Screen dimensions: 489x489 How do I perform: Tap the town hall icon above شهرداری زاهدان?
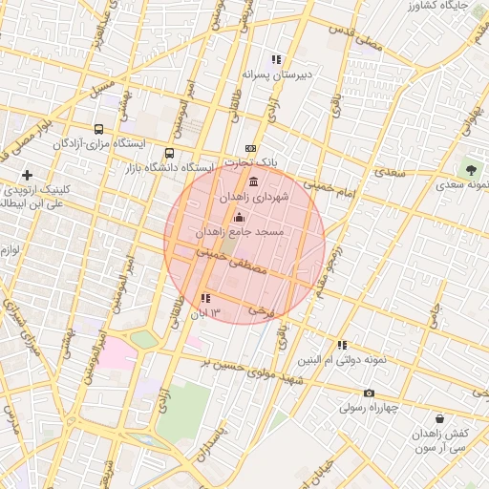[x=252, y=181]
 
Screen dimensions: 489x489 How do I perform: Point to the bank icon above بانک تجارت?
[x=250, y=148]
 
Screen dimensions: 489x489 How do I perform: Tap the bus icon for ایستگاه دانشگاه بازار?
[x=170, y=153]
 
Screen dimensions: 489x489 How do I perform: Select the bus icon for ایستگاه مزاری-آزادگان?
[x=98, y=129]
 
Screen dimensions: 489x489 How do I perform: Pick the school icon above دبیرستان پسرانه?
[x=277, y=59]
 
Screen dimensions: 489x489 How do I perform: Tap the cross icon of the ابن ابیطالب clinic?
[x=27, y=175]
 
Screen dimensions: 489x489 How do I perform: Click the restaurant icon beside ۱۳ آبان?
[x=206, y=299]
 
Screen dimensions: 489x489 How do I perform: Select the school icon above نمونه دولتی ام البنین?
[x=341, y=346]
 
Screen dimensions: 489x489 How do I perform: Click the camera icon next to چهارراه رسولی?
[x=370, y=393]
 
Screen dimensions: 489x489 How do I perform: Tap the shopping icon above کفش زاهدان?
[x=438, y=418]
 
